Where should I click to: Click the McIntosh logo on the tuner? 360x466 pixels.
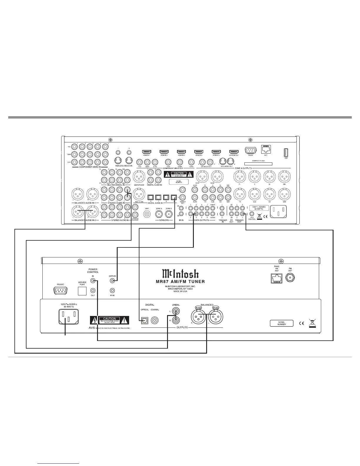180,274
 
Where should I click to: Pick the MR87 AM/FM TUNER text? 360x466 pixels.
180,282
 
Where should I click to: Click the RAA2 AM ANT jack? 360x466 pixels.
276,278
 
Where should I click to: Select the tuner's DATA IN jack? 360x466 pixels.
112,281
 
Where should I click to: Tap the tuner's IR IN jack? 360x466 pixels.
112,290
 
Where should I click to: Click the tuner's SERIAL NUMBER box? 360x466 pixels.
281,323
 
